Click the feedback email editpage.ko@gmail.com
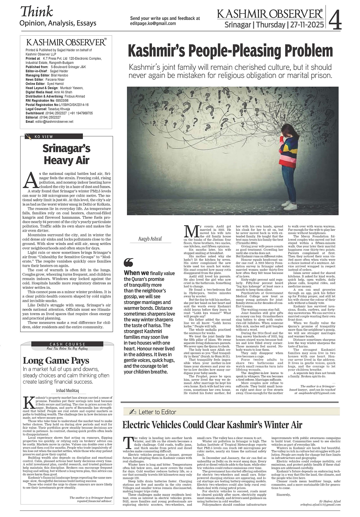click(153, 23)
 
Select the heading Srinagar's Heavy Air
click(66, 154)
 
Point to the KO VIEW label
click(44, 137)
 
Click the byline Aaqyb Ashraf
click(150, 239)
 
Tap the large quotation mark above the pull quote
click(129, 262)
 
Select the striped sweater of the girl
click(290, 149)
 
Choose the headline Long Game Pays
click(56, 360)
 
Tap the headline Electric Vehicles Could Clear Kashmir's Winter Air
click(212, 425)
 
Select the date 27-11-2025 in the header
click(306, 25)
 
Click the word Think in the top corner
click(36, 12)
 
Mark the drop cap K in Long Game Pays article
click(29, 402)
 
